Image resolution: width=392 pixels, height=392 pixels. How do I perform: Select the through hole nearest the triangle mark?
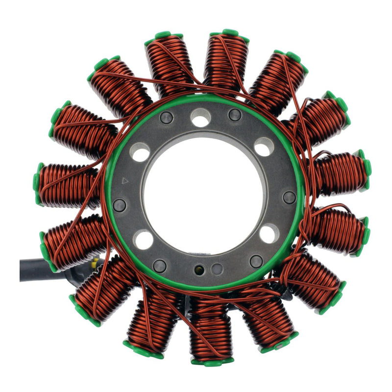[x=140, y=152]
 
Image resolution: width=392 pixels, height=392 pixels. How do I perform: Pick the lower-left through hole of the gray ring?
[x=143, y=240]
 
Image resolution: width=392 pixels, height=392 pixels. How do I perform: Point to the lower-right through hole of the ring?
[x=269, y=233]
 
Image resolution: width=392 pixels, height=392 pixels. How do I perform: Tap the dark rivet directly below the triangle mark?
[x=120, y=205]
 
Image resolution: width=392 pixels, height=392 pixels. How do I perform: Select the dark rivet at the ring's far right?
[x=290, y=197]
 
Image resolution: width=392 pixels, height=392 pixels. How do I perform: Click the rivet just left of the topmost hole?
[x=166, y=118]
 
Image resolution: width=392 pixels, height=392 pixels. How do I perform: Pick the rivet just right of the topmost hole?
[x=235, y=115]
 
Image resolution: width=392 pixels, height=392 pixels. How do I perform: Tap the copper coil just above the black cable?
[x=73, y=240]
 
